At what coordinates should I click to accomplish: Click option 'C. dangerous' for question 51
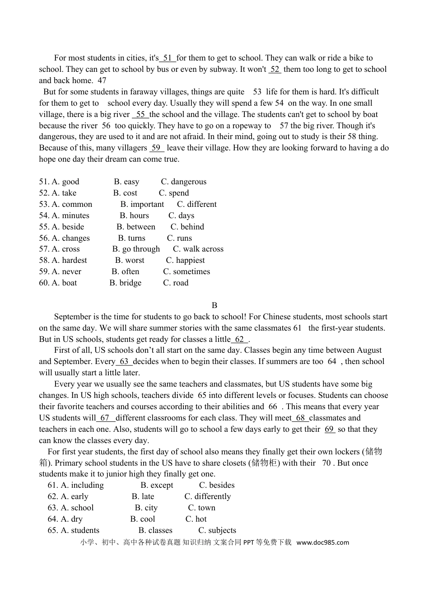(183, 182)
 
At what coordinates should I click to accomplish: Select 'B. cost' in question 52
(125, 193)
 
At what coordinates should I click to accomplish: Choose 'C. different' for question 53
(196, 204)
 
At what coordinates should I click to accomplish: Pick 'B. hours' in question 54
(134, 215)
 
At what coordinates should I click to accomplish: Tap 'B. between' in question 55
(135, 227)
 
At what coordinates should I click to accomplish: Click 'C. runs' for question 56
(179, 238)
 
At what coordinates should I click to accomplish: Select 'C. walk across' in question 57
(198, 249)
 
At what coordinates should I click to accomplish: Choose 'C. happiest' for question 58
(185, 260)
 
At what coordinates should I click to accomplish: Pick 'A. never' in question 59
(66, 271)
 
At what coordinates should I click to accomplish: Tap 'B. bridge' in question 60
(125, 283)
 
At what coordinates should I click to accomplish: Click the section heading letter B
(214, 305)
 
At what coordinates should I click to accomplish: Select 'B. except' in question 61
(157, 485)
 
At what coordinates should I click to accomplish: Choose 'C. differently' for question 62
(207, 496)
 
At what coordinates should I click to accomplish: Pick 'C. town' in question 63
(201, 508)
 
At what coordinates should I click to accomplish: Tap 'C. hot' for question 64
(196, 519)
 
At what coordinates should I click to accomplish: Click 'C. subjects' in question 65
(217, 530)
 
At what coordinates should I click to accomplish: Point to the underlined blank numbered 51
(168, 58)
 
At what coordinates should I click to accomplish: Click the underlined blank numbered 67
(105, 418)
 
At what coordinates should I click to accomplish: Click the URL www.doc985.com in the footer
(322, 542)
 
